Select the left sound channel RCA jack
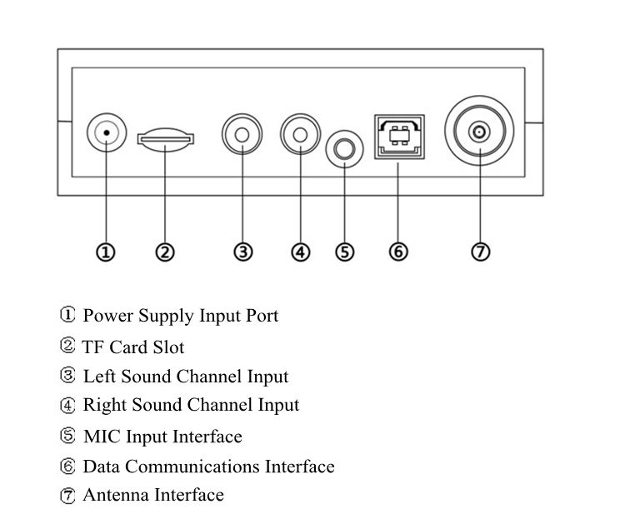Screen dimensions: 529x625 [x=242, y=133]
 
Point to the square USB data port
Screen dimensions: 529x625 [x=398, y=135]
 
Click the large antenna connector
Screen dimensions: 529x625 [x=479, y=132]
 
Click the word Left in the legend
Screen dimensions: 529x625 [x=99, y=377]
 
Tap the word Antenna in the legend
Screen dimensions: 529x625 [x=115, y=496]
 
